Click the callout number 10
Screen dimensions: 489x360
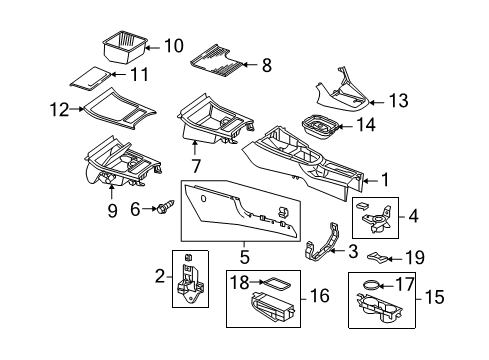click(174, 46)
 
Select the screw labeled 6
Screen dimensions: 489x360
click(165, 207)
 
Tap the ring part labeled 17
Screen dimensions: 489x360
click(370, 286)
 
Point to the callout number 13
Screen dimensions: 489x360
click(399, 100)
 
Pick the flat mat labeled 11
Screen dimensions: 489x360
click(91, 78)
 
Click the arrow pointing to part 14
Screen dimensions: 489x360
click(346, 127)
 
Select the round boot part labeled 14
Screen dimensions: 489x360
click(321, 128)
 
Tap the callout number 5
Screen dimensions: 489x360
click(244, 257)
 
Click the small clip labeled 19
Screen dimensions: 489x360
click(378, 256)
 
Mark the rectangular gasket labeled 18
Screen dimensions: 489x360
click(276, 284)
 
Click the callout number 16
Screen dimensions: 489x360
click(319, 295)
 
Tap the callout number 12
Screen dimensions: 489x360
click(59, 109)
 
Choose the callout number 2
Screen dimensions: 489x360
click(160, 276)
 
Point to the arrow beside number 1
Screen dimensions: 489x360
click(371, 181)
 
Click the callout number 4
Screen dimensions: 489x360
click(413, 216)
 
